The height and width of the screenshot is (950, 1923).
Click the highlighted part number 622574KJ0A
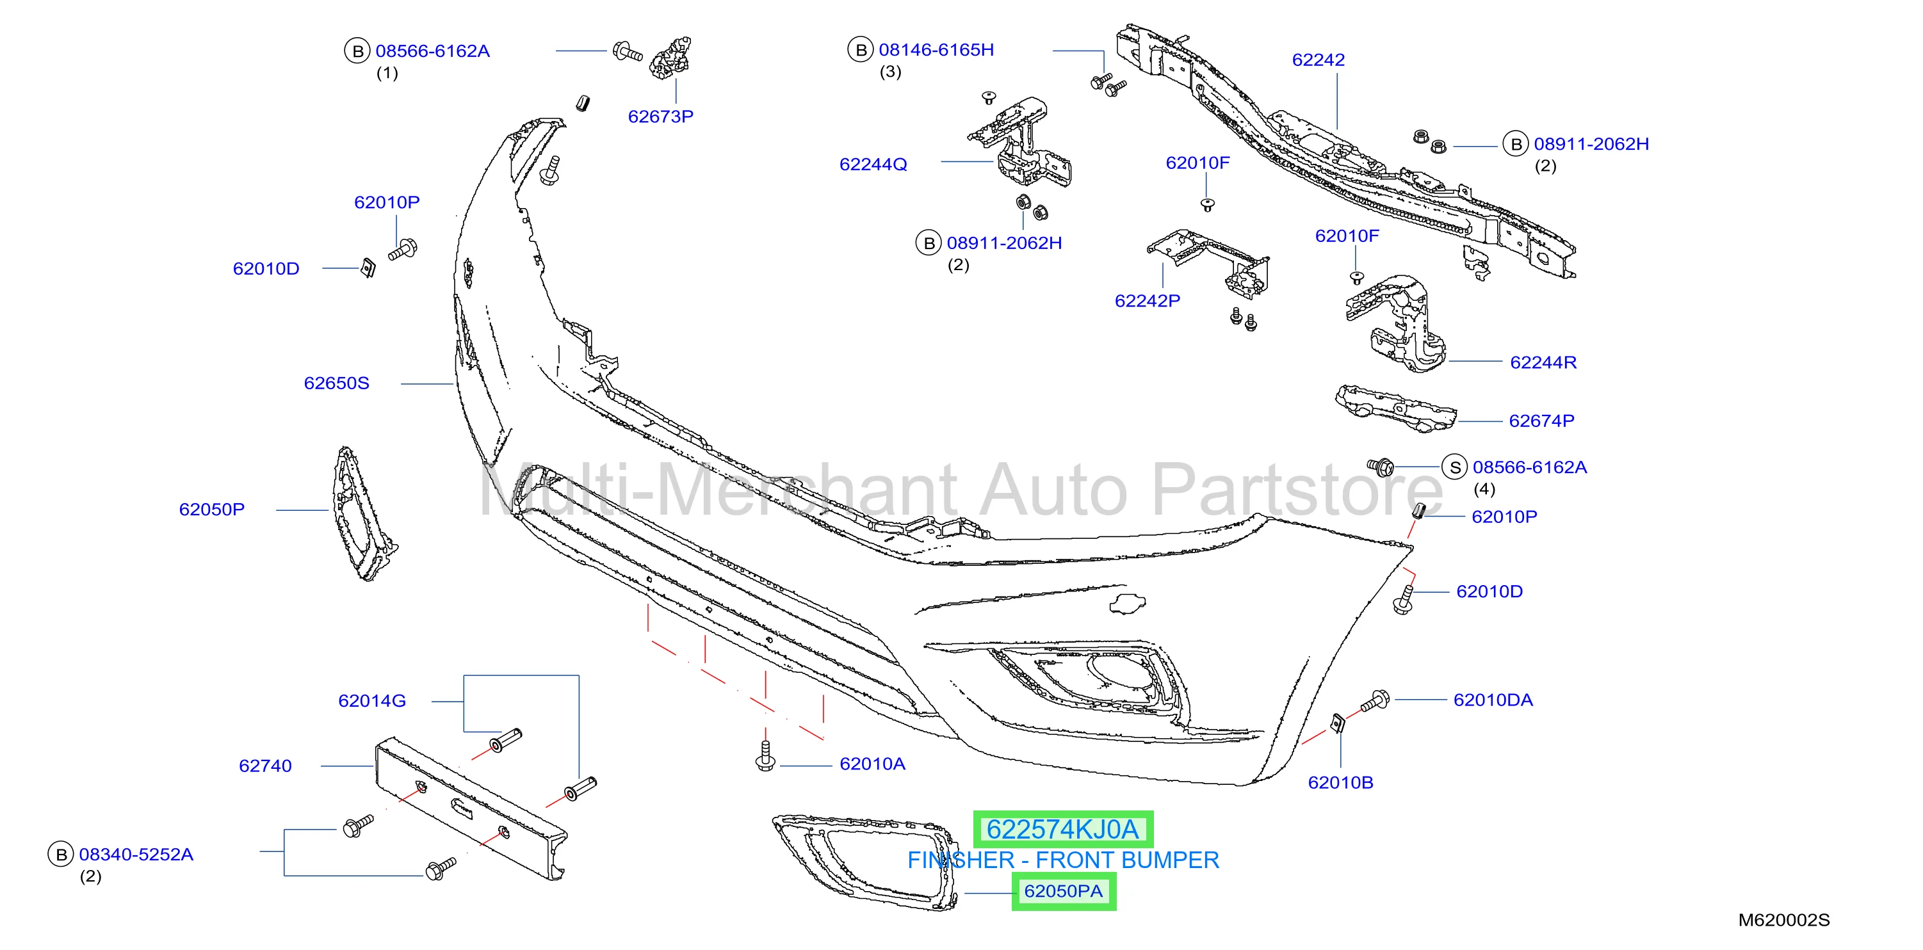click(x=1062, y=829)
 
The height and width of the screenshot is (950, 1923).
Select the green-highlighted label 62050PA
click(x=1063, y=891)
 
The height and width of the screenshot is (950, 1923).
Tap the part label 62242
click(x=1319, y=60)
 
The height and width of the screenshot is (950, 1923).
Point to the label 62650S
click(x=337, y=383)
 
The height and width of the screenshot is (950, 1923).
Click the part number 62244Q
click(x=873, y=164)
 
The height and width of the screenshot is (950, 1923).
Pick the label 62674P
click(x=1541, y=421)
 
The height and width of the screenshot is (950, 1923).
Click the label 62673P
click(x=661, y=117)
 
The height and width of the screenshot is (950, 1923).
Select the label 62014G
click(x=372, y=701)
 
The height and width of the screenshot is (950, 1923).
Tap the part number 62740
click(x=265, y=766)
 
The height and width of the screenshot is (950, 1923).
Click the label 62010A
click(x=872, y=764)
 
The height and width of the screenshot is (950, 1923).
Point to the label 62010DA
click(x=1493, y=700)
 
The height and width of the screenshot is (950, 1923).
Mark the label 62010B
click(x=1341, y=782)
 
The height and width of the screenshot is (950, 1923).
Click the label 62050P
click(x=212, y=509)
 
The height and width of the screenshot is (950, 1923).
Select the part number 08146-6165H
click(x=936, y=50)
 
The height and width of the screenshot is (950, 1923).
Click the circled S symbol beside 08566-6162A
click(x=1454, y=468)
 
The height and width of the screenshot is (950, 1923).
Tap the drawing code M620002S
click(x=1784, y=920)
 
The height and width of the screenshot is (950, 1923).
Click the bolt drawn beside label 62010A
click(x=765, y=755)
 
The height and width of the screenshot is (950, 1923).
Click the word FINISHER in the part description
click(x=961, y=860)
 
